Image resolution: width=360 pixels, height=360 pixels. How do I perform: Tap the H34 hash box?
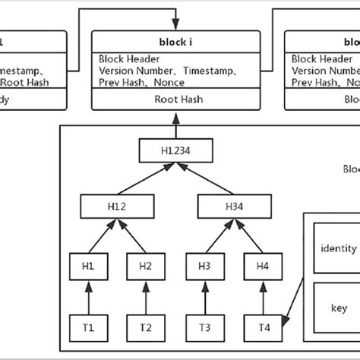[233, 207]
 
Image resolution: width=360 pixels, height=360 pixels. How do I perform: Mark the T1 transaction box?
[88, 327]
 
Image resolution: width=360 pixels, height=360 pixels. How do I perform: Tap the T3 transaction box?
[205, 327]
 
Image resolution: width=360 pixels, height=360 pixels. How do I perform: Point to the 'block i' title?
[176, 41]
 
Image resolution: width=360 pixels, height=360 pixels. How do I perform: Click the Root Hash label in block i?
[175, 99]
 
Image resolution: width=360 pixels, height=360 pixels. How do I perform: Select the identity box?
[339, 248]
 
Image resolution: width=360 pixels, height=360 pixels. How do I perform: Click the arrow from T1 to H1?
[88, 296]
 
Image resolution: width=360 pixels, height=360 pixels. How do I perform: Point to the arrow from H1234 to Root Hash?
[175, 126]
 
